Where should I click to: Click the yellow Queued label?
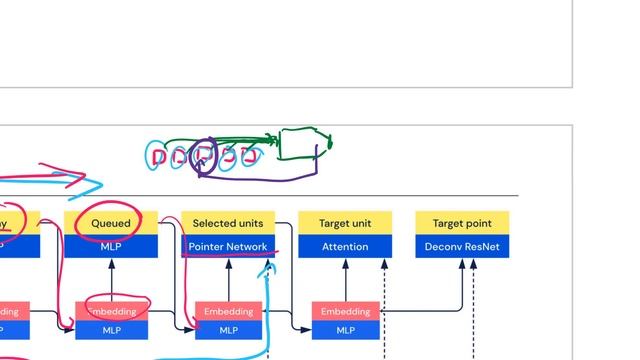(x=111, y=223)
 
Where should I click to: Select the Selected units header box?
(x=228, y=223)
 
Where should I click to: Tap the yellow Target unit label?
(x=345, y=223)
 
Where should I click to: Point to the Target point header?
(x=462, y=223)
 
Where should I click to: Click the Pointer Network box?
(x=228, y=246)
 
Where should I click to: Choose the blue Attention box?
(x=345, y=246)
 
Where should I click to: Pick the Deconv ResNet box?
(x=462, y=246)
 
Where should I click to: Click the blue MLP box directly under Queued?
(x=111, y=246)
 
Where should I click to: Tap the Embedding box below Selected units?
(x=228, y=311)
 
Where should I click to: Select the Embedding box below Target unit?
(x=345, y=311)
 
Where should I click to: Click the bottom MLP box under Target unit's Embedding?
(x=345, y=330)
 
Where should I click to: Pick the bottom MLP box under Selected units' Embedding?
(x=228, y=330)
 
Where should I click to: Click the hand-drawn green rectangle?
(x=299, y=144)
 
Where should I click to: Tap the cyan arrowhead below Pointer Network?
(x=266, y=267)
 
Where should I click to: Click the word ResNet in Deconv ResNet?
(x=484, y=246)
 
